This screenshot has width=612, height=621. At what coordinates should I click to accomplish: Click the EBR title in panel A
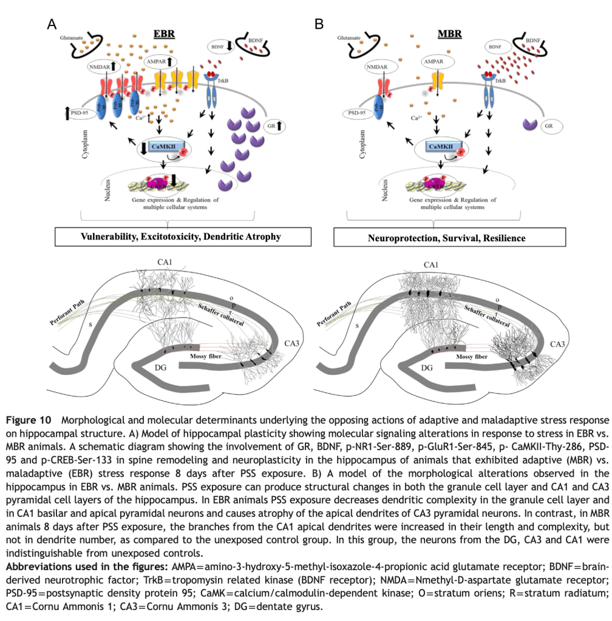tap(164, 33)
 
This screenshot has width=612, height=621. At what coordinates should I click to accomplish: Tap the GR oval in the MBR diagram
tap(549, 126)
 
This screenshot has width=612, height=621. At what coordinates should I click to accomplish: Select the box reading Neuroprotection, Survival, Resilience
tap(446, 238)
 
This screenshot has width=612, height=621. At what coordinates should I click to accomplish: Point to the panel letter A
tap(52, 24)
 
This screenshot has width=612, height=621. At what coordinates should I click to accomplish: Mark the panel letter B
tap(319, 24)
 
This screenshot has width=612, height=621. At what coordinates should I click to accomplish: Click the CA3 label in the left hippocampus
tap(292, 344)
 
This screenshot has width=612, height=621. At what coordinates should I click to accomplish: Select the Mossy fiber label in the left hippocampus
tap(206, 358)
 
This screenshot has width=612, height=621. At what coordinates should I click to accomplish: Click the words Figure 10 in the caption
tap(30, 420)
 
